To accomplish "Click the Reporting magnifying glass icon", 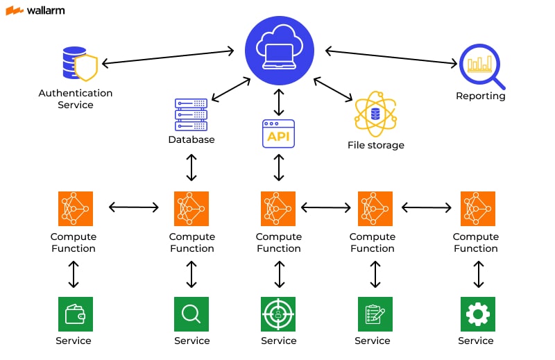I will coord(480,67).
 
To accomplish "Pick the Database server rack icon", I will coord(191,114).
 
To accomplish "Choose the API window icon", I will coord(278,134).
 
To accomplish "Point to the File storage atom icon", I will coord(375,114).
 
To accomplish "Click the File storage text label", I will coord(375,146).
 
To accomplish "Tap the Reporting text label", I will coord(480,96).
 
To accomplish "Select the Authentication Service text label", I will coord(75,98).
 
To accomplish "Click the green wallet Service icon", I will coord(74,314).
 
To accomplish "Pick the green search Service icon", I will coord(191,314).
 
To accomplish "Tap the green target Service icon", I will coord(278,314).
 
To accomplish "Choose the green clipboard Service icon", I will coord(375,314).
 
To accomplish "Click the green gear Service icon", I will coord(477,314).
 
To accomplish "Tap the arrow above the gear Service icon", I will coord(477,274).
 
